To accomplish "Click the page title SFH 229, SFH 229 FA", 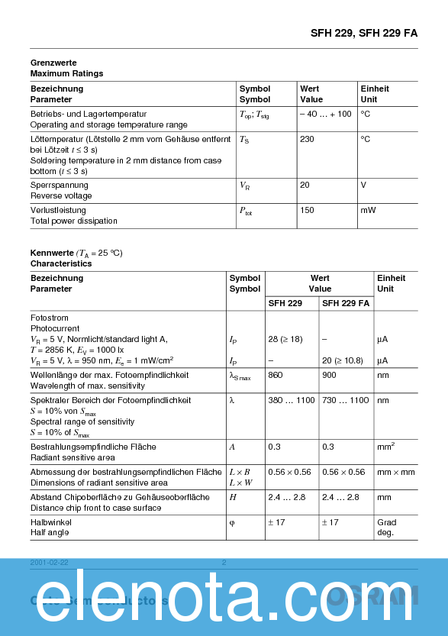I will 364,33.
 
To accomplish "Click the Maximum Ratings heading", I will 66,73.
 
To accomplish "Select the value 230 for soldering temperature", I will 307,140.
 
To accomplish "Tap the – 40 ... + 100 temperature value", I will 325,114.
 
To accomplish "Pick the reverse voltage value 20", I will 305,185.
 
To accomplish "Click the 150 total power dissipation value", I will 307,210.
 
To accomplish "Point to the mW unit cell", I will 368,210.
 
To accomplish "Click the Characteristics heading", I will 61,263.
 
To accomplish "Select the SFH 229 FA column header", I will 346,303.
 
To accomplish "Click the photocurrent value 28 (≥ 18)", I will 285,338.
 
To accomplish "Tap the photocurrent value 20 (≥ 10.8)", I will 342,360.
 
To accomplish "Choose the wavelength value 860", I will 276,375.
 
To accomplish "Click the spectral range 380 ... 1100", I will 292,400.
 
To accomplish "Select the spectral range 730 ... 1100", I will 345,400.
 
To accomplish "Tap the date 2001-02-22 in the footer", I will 50,563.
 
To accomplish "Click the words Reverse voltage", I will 61,196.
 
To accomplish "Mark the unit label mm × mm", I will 396,472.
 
